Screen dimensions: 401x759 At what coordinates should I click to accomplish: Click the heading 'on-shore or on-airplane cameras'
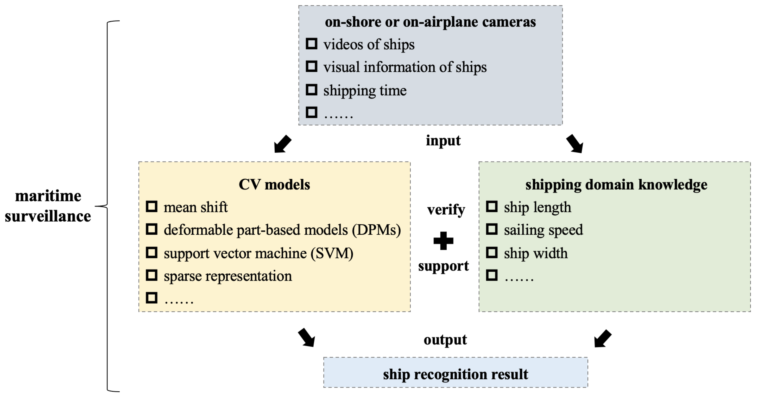(430, 22)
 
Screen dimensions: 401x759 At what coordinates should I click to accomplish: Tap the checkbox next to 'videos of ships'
(312, 44)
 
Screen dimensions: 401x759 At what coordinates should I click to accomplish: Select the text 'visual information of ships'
(405, 67)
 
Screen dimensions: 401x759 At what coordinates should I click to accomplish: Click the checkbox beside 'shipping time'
(312, 90)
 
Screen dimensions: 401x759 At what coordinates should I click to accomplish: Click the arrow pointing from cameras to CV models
(282, 144)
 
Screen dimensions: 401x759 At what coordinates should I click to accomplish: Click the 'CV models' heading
(274, 185)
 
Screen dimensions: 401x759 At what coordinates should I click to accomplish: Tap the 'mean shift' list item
(195, 207)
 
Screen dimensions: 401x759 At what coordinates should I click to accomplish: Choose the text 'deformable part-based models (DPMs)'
(282, 230)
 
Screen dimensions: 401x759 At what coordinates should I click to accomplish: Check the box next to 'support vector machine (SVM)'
(151, 253)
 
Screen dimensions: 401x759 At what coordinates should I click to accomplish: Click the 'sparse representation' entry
(227, 276)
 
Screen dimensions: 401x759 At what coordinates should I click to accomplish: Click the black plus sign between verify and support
(443, 241)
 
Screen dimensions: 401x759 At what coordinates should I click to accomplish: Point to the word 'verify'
(446, 210)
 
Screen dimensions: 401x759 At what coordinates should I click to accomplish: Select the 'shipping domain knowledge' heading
(616, 185)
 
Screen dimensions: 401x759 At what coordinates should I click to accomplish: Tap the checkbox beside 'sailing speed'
(491, 229)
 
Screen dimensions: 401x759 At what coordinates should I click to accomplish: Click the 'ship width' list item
(535, 253)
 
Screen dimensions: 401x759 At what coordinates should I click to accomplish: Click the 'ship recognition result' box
(456, 374)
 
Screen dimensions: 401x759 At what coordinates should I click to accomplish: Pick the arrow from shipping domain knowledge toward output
(603, 339)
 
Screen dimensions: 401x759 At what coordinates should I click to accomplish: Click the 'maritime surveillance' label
(48, 206)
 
